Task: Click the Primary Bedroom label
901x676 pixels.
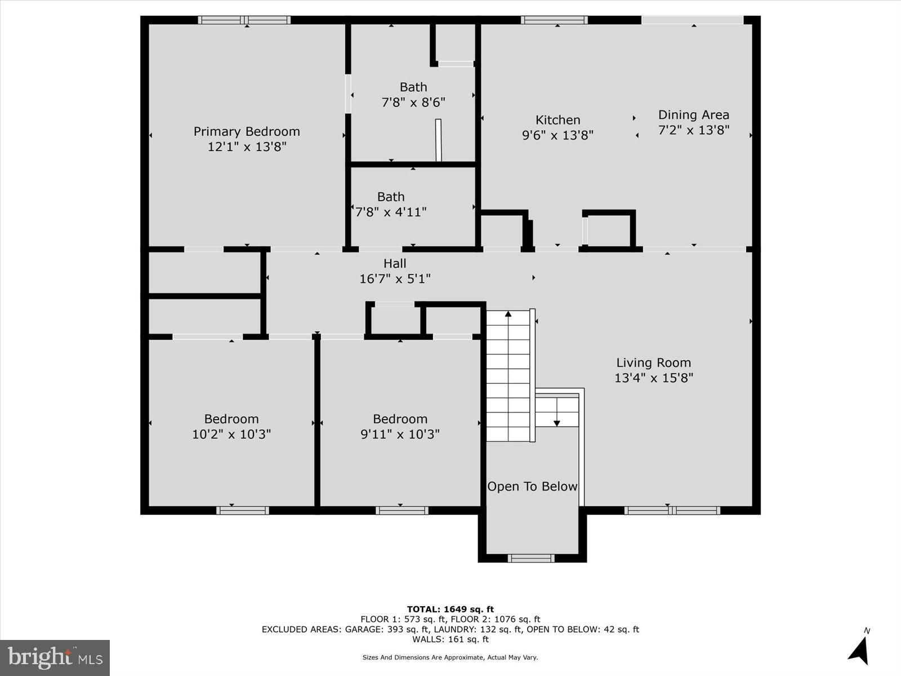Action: coord(247,131)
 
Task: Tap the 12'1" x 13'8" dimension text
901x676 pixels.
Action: coord(247,146)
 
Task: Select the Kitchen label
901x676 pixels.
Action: coord(557,120)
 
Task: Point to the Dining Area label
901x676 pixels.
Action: coord(693,115)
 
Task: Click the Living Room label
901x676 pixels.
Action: coord(653,363)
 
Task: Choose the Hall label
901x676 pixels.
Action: coord(395,263)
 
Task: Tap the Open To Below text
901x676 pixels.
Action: coord(532,486)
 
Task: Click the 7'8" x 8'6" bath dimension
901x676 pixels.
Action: coord(413,103)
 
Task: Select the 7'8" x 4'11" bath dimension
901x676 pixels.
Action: coord(391,212)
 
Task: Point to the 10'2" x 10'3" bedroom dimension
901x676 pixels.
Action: coord(231,434)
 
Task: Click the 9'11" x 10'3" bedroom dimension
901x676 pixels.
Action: coord(400,434)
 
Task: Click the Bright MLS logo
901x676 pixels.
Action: coord(55,657)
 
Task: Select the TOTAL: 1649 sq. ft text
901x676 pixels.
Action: coord(450,609)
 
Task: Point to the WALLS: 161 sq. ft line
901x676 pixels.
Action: coord(450,639)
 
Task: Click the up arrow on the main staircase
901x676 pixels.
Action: coord(508,314)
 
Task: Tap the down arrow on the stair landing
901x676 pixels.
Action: coord(557,422)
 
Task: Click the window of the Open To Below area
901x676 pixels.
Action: coord(531,558)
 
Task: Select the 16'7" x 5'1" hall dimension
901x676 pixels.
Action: coord(395,278)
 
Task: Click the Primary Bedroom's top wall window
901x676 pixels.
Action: coord(244,20)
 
